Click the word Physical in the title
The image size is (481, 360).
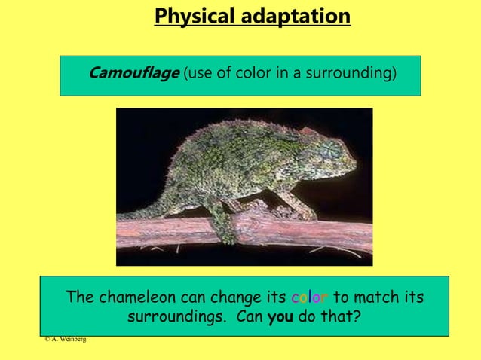188,16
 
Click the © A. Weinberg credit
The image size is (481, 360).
65,340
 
